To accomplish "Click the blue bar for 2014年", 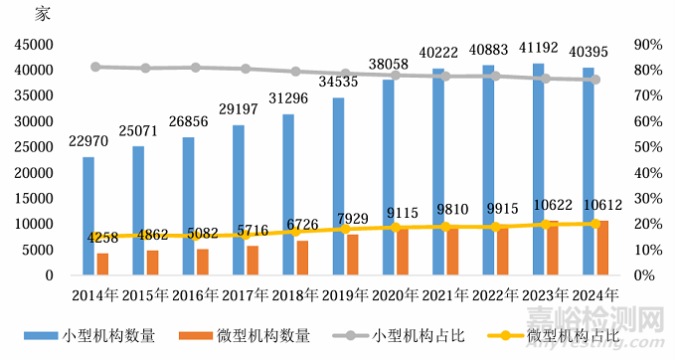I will [88, 215].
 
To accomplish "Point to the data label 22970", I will [88, 141].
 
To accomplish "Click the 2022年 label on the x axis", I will [495, 294].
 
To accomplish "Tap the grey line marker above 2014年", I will [95, 67].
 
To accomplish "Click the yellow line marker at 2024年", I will [595, 224].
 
